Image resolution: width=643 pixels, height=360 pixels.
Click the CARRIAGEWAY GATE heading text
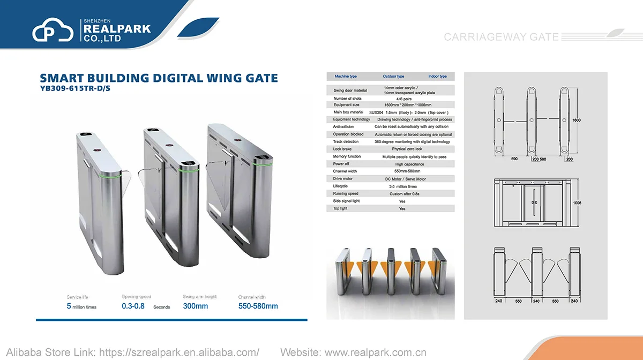(501, 37)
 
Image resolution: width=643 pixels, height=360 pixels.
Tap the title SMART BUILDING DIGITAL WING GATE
(159, 78)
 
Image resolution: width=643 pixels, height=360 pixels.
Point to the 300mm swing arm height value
(195, 306)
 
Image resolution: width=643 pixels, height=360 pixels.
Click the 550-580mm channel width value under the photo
(258, 306)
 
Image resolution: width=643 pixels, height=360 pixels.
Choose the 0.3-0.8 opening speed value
(133, 306)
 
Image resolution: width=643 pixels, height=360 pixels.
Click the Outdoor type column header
(393, 77)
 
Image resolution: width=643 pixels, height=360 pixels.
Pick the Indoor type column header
(437, 77)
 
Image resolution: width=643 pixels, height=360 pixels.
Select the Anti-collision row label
(343, 127)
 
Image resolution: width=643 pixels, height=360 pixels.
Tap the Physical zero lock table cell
(407, 149)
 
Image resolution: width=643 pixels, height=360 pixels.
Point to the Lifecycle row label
(340, 186)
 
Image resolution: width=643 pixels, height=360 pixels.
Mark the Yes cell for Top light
(402, 208)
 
